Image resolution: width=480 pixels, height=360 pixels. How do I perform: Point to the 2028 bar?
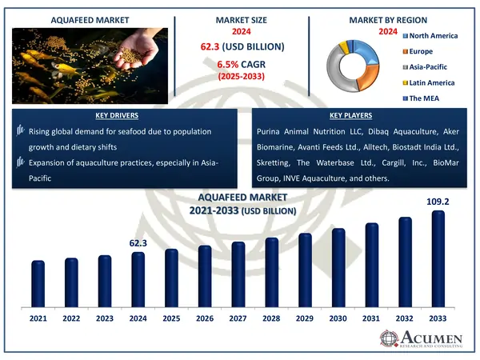[x=271, y=270]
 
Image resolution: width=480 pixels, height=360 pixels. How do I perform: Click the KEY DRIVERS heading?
[x=124, y=115]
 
